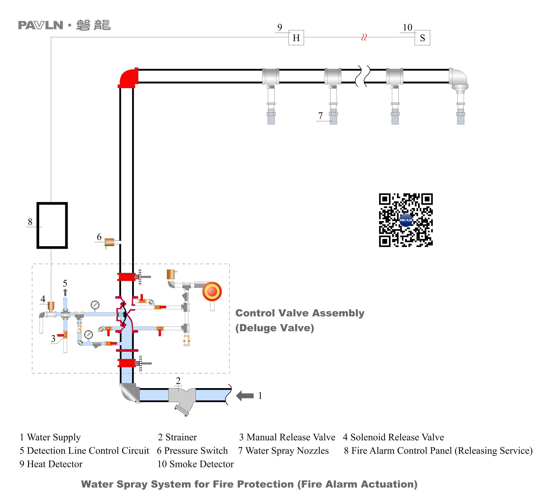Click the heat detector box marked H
(296, 38)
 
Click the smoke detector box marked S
(422, 38)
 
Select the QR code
(406, 220)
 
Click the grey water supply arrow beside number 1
(245, 395)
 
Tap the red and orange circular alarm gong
(212, 291)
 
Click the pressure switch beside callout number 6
(109, 242)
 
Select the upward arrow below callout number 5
(65, 292)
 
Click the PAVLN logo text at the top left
(41, 25)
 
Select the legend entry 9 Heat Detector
(51, 464)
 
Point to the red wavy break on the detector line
(364, 37)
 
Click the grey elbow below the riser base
(129, 392)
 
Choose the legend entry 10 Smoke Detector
(195, 464)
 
